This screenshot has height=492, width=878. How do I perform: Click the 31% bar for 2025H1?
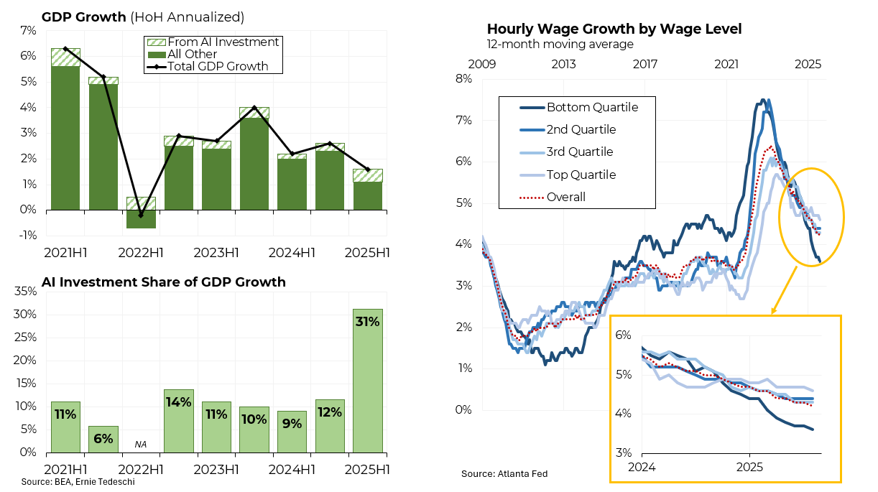point(367,381)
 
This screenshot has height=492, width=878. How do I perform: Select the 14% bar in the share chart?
point(178,421)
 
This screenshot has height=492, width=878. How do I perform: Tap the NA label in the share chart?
point(141,445)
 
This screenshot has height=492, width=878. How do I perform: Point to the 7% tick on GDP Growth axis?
point(28,30)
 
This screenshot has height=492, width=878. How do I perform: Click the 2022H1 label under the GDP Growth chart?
point(141,252)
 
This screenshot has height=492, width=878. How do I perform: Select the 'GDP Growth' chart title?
point(84,17)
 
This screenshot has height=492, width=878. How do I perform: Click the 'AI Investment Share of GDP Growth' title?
point(164,282)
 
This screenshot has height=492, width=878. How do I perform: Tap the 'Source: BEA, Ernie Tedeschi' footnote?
point(78,481)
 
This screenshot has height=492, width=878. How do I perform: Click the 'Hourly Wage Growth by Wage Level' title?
point(614,29)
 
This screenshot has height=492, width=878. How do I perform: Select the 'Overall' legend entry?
point(566,197)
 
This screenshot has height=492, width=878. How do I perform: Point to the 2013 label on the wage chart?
point(563,65)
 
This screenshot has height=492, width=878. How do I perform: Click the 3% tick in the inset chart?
point(622,453)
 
